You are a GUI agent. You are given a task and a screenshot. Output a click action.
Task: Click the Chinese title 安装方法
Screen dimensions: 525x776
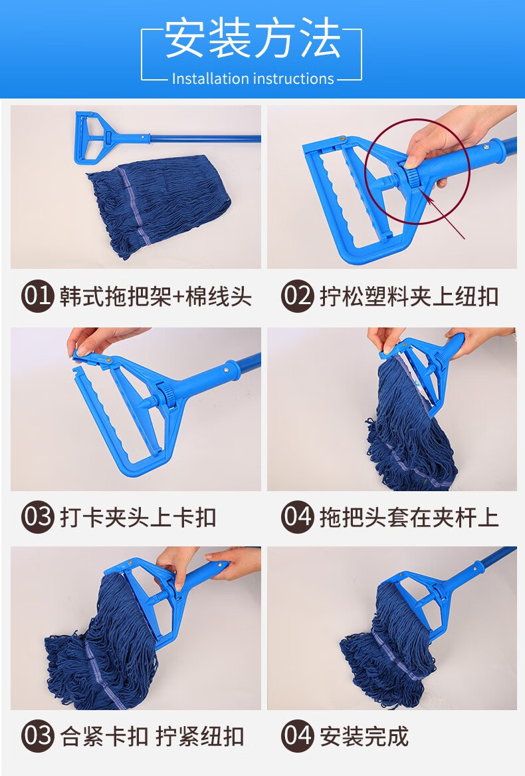coord(253,39)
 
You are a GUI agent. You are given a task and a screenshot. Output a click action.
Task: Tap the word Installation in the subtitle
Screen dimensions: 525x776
coord(210,79)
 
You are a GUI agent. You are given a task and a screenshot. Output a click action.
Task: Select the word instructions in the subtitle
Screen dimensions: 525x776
coord(294,79)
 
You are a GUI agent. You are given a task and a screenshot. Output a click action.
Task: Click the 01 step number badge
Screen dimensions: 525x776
coord(37,296)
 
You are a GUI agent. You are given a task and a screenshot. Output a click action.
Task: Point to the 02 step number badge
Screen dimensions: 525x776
coord(298,296)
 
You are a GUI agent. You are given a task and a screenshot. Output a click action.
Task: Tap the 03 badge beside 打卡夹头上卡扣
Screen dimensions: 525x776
coord(37,517)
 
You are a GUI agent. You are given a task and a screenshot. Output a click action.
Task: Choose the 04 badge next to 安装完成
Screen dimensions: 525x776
coord(298,735)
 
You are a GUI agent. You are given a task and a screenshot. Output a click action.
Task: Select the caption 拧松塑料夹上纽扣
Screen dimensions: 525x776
coord(409,296)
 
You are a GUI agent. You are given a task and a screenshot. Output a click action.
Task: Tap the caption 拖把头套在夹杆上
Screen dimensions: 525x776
coord(409,518)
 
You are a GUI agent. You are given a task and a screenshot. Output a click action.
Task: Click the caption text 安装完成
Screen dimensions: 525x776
coord(364,736)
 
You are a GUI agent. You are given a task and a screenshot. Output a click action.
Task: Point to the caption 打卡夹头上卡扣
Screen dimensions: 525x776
coord(138,518)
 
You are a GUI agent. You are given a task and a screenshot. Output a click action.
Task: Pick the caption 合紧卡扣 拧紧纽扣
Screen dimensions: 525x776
coord(152,736)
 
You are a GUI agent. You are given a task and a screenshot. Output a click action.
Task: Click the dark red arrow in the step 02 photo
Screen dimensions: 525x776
coord(445,216)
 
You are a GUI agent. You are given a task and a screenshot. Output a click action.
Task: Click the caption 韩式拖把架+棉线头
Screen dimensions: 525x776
coord(156,296)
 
